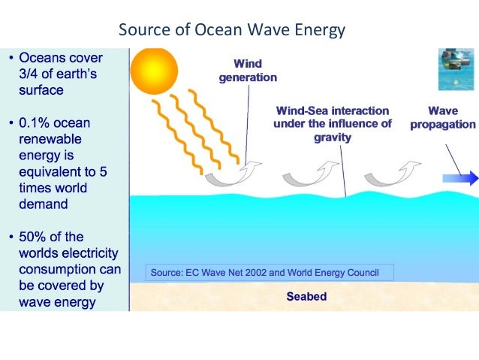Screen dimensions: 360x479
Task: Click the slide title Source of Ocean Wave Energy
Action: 231,31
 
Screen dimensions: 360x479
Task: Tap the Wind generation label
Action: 248,71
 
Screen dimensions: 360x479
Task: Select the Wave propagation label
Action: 442,117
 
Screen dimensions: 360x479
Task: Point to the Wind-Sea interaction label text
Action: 333,117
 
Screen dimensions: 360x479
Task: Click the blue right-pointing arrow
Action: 459,178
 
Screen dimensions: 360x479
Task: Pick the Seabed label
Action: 306,296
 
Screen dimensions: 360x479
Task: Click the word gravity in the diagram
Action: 332,138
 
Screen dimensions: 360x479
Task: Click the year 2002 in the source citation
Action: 258,272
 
